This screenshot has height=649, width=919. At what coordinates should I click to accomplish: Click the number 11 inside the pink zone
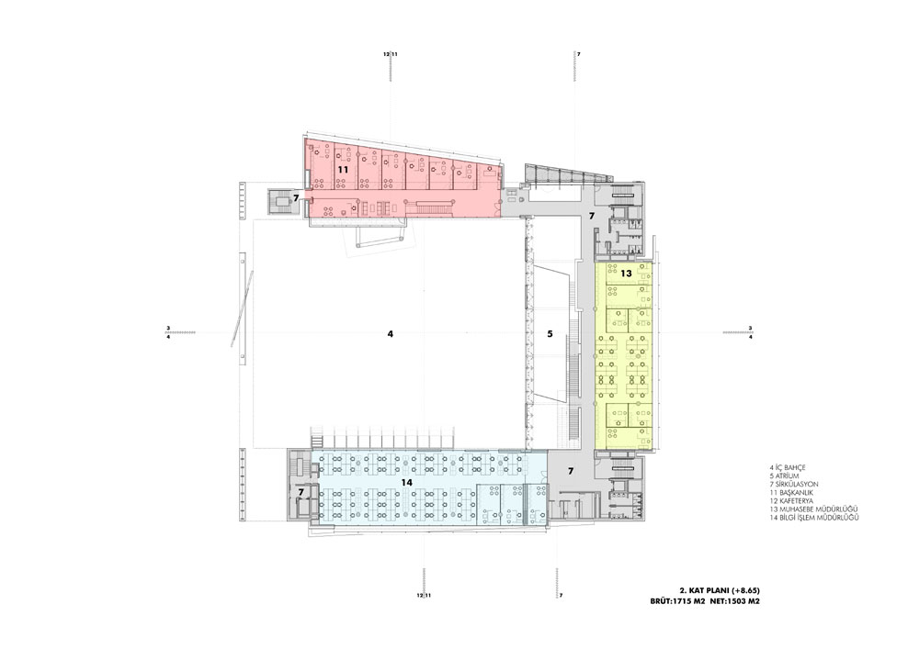[x=343, y=170]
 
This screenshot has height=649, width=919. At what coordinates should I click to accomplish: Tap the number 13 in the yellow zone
[x=626, y=274]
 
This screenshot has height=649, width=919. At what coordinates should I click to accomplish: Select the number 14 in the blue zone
[x=407, y=482]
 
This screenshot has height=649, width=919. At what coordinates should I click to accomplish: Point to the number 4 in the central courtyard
[x=391, y=334]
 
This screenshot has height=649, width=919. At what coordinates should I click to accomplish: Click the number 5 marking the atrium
[x=550, y=334]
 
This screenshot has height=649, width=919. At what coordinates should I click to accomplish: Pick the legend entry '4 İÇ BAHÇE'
[x=788, y=468]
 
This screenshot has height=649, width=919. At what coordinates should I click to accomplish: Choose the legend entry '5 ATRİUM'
[x=784, y=476]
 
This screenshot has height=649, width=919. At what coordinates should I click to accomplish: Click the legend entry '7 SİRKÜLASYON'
[x=794, y=485]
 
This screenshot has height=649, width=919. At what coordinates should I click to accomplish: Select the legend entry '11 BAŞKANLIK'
[x=792, y=493]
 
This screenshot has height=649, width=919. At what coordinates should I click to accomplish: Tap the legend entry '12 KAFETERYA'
[x=792, y=501]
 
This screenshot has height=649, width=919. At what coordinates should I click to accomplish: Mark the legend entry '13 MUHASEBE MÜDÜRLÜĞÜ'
[x=813, y=509]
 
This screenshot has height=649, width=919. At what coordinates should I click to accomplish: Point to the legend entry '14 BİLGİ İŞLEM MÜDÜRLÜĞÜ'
[x=814, y=518]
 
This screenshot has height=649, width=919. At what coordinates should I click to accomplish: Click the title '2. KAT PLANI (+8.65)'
[x=720, y=590]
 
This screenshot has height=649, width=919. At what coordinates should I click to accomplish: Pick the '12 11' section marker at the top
[x=391, y=54]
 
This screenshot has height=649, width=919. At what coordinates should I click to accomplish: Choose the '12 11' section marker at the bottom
[x=425, y=595]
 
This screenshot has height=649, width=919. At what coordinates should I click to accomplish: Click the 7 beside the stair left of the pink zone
[x=296, y=198]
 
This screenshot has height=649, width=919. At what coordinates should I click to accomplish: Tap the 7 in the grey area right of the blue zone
[x=571, y=471]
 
